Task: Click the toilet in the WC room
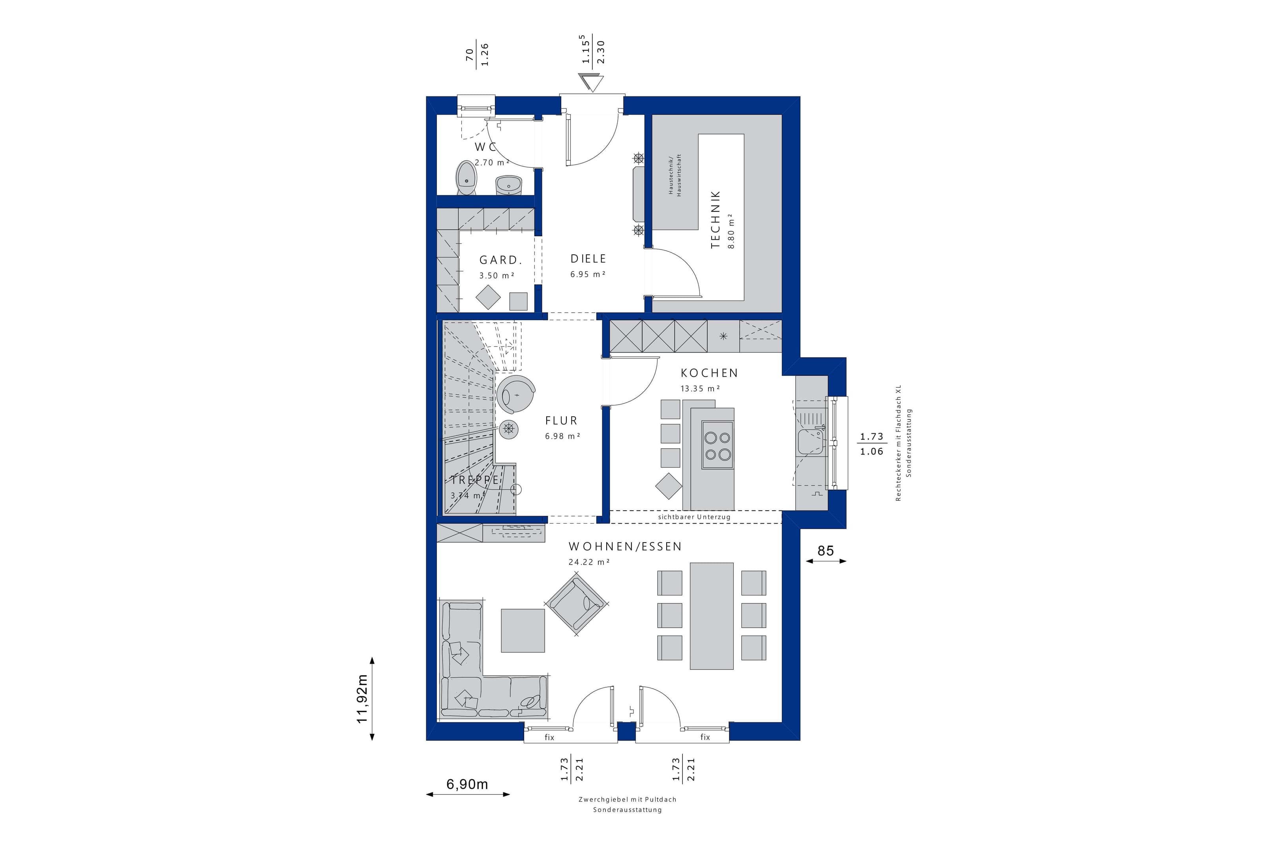(x=467, y=179)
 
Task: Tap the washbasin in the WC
(x=508, y=185)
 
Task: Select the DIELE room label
(x=588, y=259)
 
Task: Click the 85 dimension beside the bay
(x=826, y=550)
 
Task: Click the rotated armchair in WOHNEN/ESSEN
(x=577, y=603)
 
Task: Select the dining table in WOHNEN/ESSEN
(x=711, y=616)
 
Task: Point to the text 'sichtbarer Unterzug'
(x=694, y=517)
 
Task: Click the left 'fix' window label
(x=549, y=737)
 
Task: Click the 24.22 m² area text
(x=589, y=562)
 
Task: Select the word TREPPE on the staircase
(x=475, y=480)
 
